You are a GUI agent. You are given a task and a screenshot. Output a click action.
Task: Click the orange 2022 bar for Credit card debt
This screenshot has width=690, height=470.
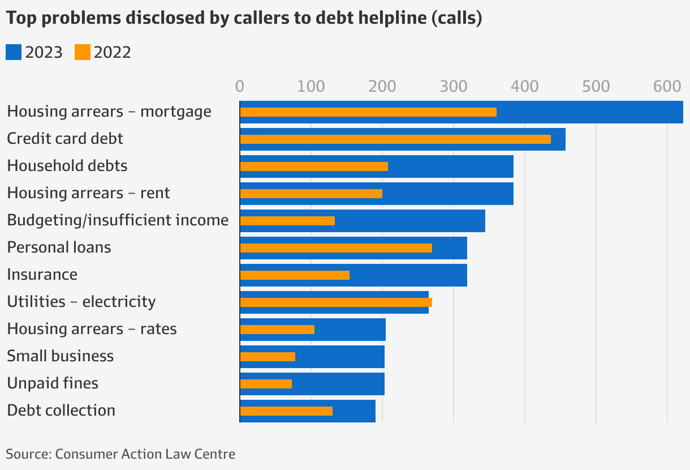395,139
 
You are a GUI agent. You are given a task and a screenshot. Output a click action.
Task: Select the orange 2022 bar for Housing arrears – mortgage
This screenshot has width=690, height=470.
368,112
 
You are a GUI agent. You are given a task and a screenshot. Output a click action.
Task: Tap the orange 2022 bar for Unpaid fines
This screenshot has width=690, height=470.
266,384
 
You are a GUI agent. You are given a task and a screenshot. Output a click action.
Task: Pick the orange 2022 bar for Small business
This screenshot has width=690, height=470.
268,357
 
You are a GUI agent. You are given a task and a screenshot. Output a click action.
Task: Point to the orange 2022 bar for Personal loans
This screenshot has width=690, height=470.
336,248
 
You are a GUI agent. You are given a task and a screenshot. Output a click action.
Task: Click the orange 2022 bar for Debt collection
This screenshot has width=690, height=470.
286,411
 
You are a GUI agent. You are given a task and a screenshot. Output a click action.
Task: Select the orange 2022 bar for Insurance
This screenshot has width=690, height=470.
295,275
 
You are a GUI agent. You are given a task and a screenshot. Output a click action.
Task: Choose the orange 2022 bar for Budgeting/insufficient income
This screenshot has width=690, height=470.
287,221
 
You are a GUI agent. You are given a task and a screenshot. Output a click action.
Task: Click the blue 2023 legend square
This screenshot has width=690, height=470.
14,53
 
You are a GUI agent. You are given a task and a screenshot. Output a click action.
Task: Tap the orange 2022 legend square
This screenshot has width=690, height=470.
83,53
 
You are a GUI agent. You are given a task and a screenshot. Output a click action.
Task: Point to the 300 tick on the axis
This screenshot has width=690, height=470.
453,87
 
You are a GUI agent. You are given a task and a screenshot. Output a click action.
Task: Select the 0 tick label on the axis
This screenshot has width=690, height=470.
240,87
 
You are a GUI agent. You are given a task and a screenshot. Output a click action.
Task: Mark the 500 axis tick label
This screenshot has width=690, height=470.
596,87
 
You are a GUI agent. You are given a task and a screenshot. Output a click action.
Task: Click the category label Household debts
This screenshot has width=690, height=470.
67,166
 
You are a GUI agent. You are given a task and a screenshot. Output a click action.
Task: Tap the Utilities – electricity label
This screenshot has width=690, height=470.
81,302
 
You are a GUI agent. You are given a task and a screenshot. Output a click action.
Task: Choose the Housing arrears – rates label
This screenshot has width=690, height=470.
92,329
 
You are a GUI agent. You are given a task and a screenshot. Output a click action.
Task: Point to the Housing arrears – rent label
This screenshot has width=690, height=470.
88,193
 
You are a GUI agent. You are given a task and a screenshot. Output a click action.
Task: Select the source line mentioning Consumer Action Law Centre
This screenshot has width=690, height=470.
120,454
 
